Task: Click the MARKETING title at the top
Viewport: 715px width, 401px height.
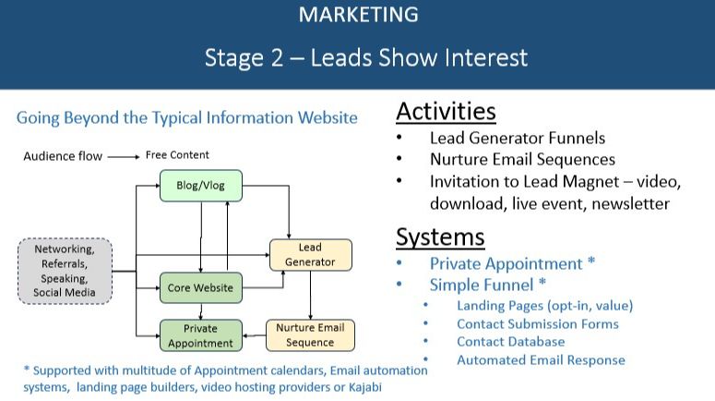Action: (x=358, y=15)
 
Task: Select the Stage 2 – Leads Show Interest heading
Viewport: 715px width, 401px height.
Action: (x=366, y=57)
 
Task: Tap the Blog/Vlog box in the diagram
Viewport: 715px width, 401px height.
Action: (x=200, y=186)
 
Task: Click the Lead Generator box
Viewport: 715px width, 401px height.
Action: (x=310, y=255)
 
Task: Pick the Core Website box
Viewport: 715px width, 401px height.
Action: (x=200, y=288)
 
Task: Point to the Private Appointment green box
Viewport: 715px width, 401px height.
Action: (x=200, y=335)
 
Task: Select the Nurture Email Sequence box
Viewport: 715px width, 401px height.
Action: (x=310, y=335)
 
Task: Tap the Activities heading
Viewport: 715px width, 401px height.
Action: (x=446, y=112)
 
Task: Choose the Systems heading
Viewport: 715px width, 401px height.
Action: (x=440, y=237)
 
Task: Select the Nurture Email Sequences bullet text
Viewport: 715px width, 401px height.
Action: (x=522, y=160)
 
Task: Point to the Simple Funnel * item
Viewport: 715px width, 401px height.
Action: (x=488, y=285)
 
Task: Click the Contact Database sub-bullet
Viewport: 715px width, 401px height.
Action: (x=510, y=342)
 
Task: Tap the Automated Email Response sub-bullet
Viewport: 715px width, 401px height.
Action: (x=541, y=360)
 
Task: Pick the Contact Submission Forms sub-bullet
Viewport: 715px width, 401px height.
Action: (x=538, y=323)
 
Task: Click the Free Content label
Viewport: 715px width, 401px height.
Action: (x=177, y=155)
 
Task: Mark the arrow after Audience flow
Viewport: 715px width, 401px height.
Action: (x=123, y=156)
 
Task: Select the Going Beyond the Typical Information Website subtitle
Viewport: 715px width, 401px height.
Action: (x=187, y=118)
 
